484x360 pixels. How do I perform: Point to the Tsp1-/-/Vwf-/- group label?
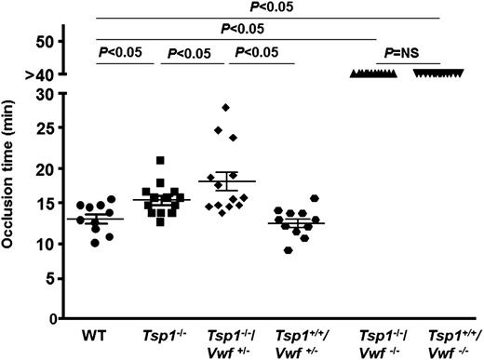[x=378, y=340]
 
